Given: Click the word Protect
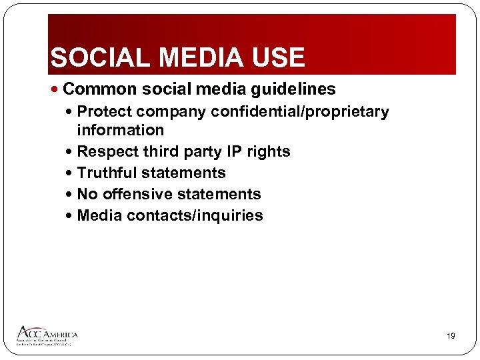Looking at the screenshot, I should [105, 111].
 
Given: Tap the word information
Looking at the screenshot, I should [120, 130].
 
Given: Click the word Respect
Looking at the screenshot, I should [107, 151].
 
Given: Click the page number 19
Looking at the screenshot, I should [451, 336].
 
